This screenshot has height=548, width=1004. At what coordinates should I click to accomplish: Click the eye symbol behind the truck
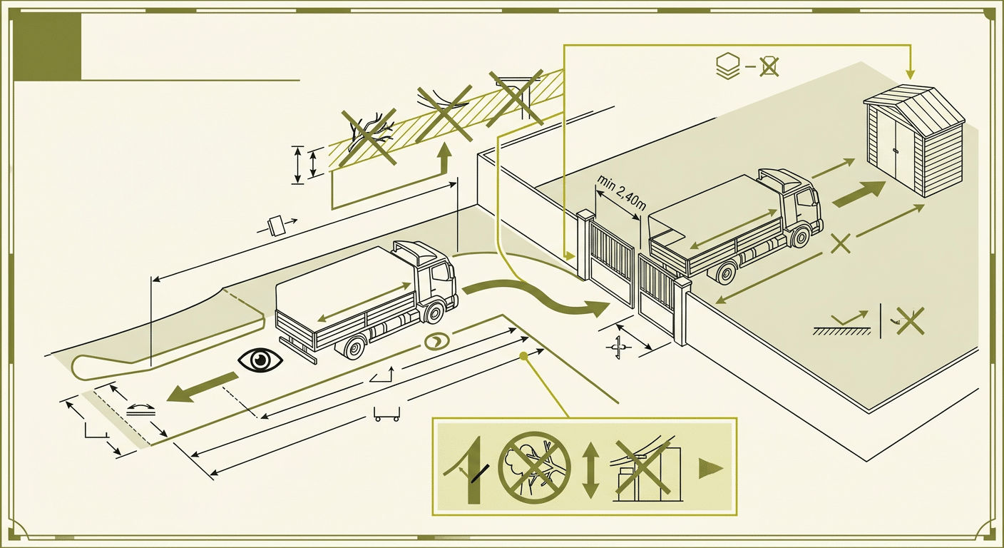pos(260,359)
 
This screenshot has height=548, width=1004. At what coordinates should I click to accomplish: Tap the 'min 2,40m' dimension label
pos(621,192)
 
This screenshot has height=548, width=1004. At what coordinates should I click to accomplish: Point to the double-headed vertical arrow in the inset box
pos(591,469)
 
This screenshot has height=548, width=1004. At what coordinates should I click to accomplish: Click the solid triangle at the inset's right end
pos(710,469)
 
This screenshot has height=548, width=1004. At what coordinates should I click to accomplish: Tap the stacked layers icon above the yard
pos(726,67)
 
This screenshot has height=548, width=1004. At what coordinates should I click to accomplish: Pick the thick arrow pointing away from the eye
pos(202,388)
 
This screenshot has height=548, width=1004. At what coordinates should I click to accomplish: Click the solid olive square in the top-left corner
pos(48,46)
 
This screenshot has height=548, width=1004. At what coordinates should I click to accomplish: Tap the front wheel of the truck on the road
pos(434,313)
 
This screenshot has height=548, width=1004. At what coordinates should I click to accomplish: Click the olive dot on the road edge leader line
pos(522,356)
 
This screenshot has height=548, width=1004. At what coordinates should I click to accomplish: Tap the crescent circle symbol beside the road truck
pos(436,342)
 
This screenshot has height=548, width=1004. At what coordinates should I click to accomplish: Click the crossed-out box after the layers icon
pos(769,67)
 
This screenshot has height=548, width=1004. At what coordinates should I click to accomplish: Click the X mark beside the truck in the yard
pos(841,243)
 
